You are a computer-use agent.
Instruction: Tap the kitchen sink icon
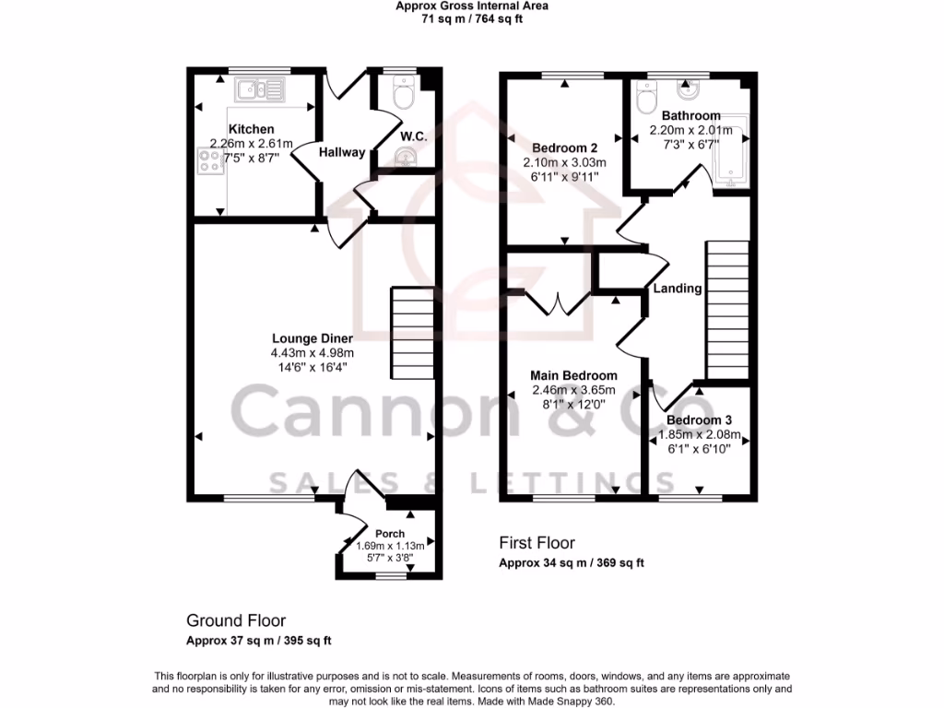pyautogui.click(x=261, y=89)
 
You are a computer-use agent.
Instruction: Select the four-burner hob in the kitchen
pyautogui.click(x=209, y=162)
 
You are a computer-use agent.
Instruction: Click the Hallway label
pyautogui.click(x=342, y=153)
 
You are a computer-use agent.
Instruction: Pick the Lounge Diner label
pyautogui.click(x=312, y=338)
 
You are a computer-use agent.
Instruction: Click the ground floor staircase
pyautogui.click(x=412, y=328)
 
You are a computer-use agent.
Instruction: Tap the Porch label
pyautogui.click(x=390, y=534)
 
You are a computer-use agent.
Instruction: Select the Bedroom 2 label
pyautogui.click(x=565, y=148)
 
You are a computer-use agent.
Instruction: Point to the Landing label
pyautogui.click(x=678, y=289)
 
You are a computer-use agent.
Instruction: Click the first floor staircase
pyautogui.click(x=726, y=310)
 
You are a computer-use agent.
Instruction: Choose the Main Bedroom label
pyautogui.click(x=573, y=376)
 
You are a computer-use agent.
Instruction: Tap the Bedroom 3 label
pyautogui.click(x=700, y=419)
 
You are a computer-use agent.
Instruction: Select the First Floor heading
pyautogui.click(x=537, y=543)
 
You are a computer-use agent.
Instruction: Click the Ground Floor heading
pyautogui.click(x=236, y=620)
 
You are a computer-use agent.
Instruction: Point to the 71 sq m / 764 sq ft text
pyautogui.click(x=471, y=18)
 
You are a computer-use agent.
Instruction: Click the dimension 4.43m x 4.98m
pyautogui.click(x=312, y=353)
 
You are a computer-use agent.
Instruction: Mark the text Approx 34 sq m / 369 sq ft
pyautogui.click(x=571, y=563)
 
